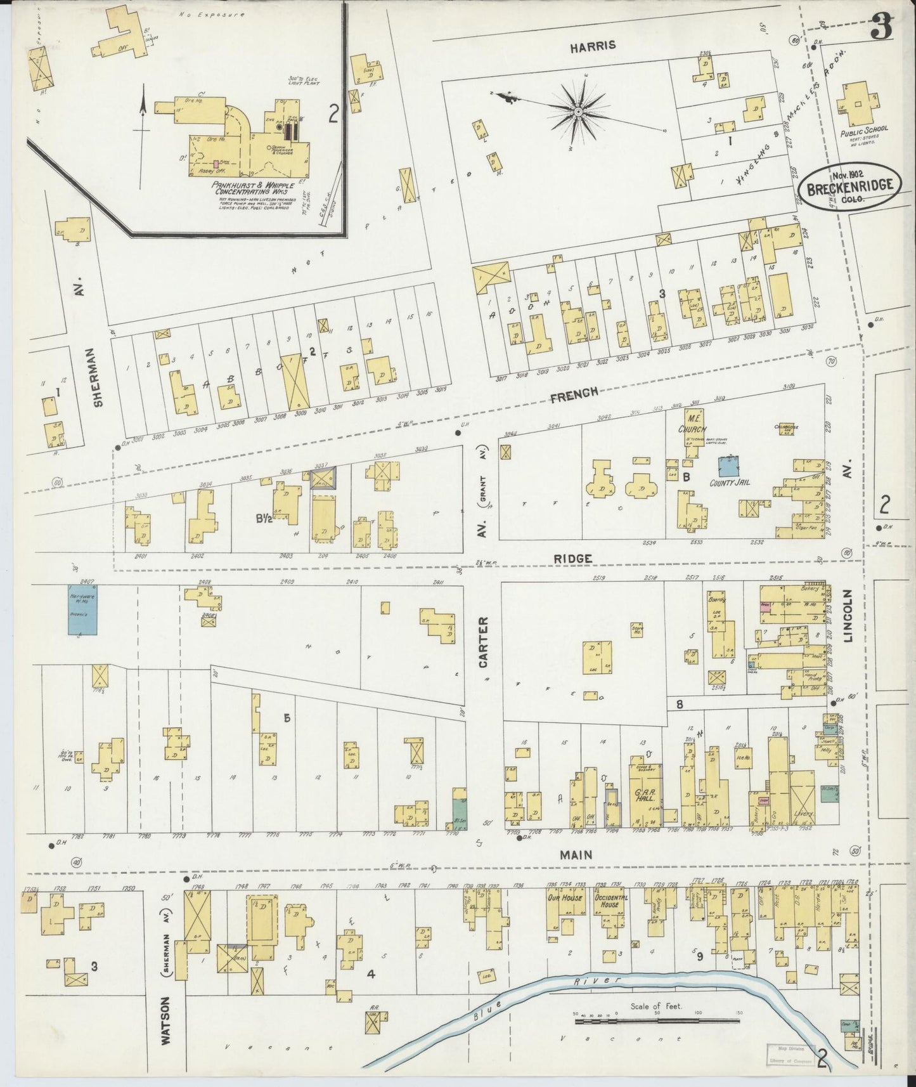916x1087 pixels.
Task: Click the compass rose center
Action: [578, 112]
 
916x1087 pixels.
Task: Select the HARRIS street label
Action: [592, 46]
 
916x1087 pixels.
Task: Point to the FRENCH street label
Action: [574, 393]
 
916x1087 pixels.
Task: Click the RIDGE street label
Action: [572, 559]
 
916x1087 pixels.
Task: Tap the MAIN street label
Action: [576, 855]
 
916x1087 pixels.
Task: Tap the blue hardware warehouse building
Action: [83, 609]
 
